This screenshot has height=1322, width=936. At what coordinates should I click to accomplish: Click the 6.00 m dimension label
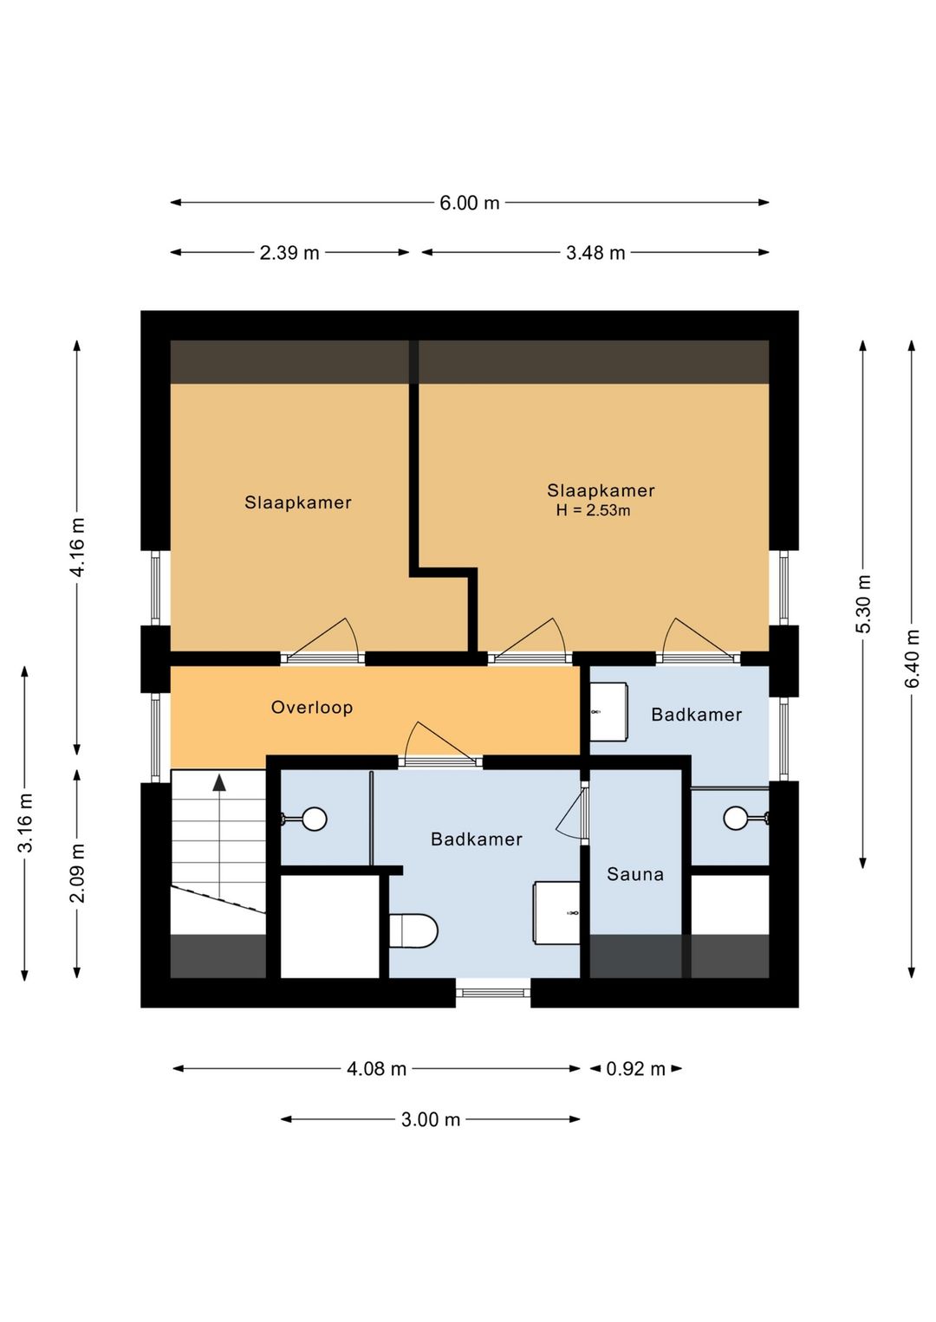tap(470, 203)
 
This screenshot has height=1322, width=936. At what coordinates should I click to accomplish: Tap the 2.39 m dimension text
tap(289, 253)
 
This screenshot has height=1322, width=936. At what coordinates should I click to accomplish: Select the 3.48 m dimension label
tap(595, 253)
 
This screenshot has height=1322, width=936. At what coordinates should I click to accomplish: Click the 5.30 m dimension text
tap(863, 604)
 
